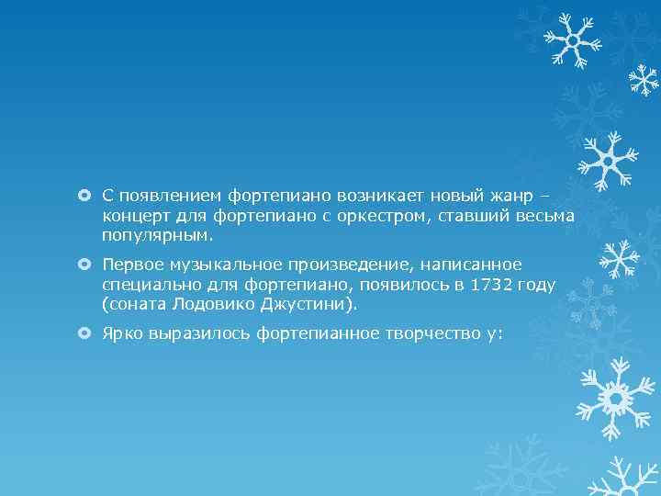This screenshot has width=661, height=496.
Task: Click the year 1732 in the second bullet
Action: pos(489,285)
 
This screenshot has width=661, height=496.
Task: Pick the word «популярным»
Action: pos(157,235)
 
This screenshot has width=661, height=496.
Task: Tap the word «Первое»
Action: pos(132,265)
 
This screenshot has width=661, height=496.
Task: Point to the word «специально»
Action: pos(146,285)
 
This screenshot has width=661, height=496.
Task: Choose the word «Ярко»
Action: pos(121,333)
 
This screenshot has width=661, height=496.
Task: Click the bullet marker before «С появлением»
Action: pos(84,196)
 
